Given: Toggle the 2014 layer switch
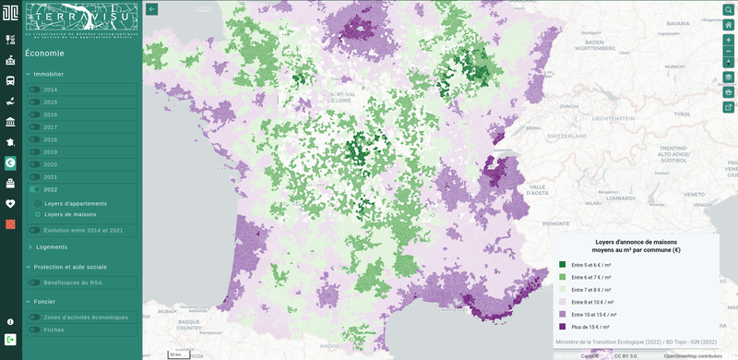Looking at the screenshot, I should (x=34, y=90).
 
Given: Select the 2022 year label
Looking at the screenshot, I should (x=51, y=189).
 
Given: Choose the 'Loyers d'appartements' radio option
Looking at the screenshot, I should (x=37, y=203).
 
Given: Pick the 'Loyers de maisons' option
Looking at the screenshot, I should (x=37, y=214).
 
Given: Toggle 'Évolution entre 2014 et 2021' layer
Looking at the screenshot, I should (x=34, y=230).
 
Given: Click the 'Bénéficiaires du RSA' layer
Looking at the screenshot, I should (x=34, y=282).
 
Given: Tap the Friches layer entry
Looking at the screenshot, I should (x=34, y=330).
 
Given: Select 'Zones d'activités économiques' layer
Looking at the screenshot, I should (x=34, y=317).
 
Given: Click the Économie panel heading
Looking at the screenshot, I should (x=45, y=54).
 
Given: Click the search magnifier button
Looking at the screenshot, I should (x=728, y=9).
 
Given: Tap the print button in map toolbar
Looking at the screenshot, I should (x=728, y=92).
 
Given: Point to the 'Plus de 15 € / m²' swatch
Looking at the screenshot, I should (x=563, y=327).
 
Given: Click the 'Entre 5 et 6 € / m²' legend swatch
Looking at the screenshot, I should (x=563, y=264).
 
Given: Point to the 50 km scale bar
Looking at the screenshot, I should (x=175, y=354).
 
